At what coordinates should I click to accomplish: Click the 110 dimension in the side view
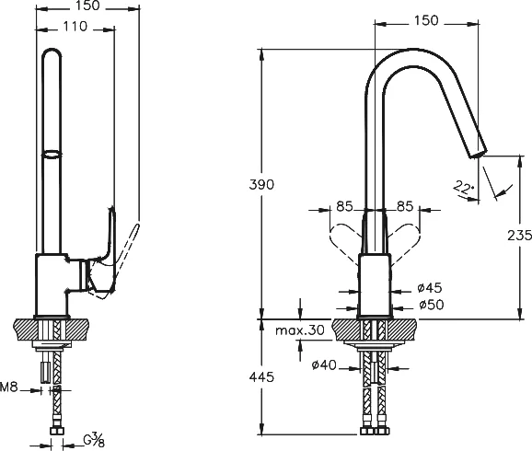75,26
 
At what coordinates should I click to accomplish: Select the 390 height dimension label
261,185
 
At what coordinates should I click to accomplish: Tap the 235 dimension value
519,236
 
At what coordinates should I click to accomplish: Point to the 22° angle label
463,187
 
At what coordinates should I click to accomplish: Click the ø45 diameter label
430,288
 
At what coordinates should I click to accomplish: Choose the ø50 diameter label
432,305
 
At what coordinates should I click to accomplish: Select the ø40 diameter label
324,364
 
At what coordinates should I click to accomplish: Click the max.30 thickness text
300,330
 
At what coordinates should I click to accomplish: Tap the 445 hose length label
261,376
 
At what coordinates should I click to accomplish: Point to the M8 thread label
9,387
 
